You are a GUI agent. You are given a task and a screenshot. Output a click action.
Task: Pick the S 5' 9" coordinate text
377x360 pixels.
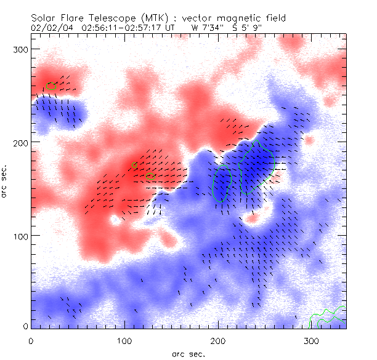(x=245, y=28)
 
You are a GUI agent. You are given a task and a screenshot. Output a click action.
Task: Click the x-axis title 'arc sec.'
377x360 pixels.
(x=188, y=353)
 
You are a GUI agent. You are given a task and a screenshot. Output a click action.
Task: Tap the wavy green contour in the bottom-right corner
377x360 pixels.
(x=326, y=318)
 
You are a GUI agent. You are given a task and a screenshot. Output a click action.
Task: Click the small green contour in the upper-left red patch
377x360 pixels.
(x=51, y=86)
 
